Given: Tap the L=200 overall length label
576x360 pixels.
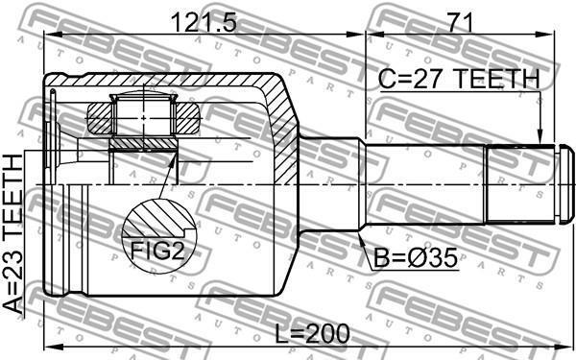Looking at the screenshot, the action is coord(313,333).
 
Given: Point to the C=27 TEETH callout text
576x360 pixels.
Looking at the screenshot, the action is coord(459,79).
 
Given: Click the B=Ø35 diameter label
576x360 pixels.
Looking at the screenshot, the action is coord(416,257).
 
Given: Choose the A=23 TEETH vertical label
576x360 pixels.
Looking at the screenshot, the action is coord(13,234).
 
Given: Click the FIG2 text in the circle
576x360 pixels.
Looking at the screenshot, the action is coord(157,251).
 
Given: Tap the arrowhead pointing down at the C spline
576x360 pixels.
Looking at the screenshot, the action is coord(540,137).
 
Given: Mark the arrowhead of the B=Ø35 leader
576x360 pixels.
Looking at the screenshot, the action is coord(361,238).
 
